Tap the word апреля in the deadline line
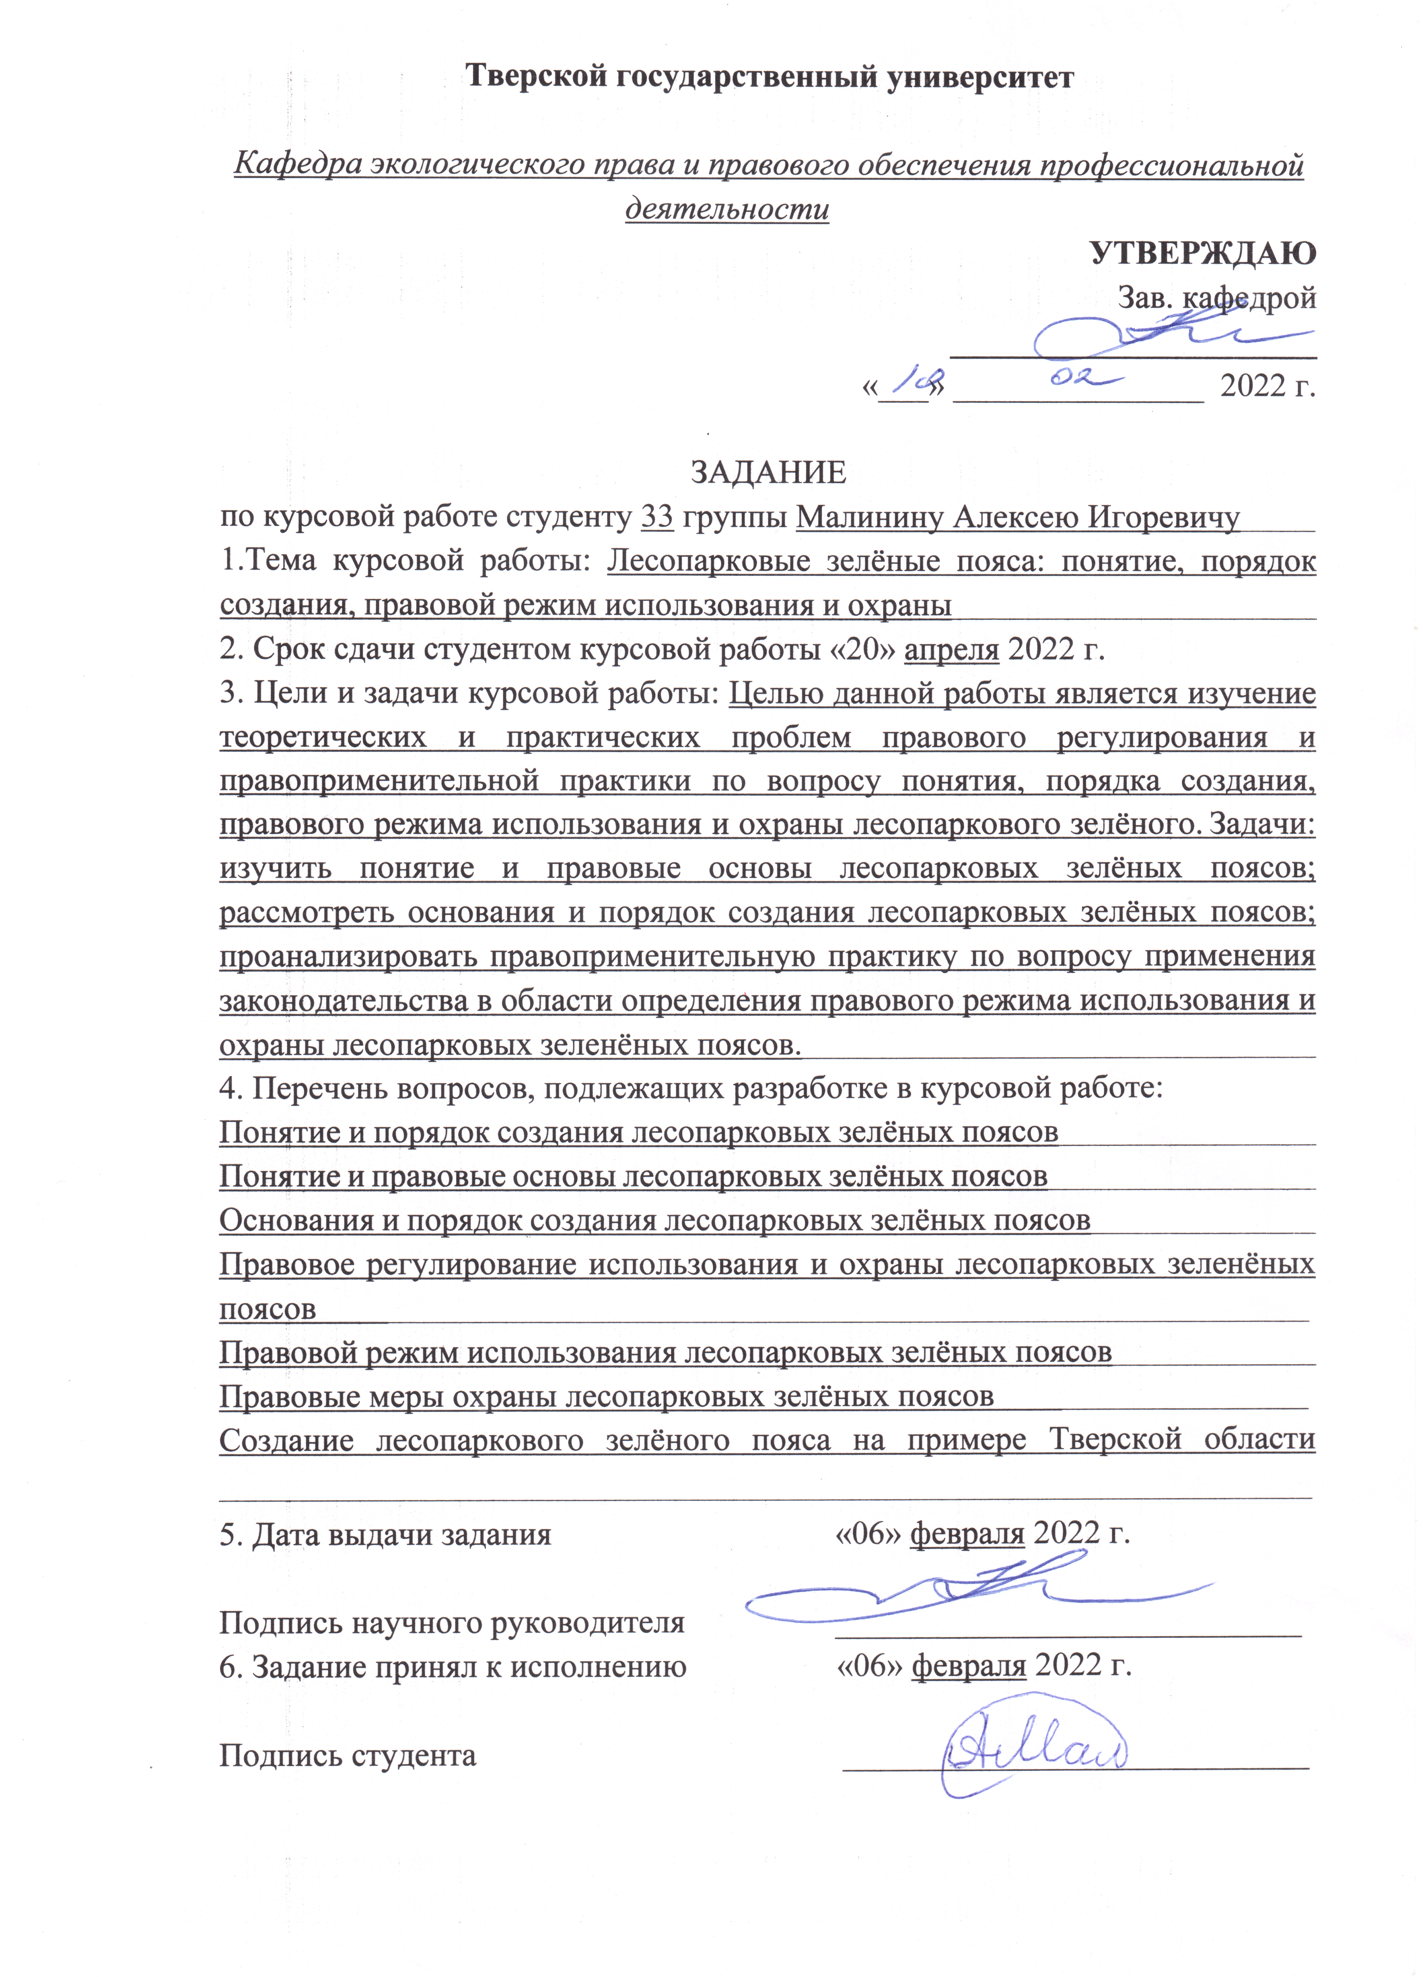click(952, 649)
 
